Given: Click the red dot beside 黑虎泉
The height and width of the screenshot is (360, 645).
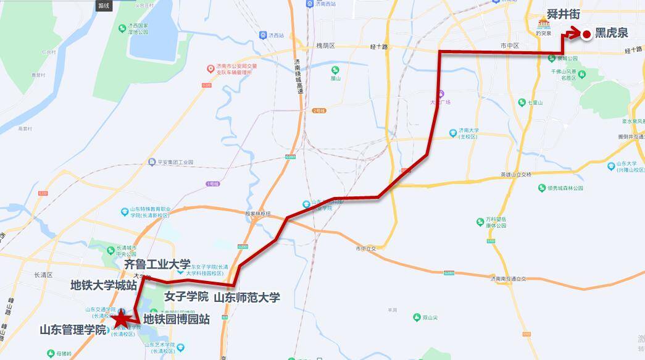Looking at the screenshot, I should click(586, 35).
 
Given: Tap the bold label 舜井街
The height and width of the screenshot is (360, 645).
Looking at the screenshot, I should click(564, 14).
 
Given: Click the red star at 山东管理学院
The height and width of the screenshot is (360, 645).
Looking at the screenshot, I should click(121, 319).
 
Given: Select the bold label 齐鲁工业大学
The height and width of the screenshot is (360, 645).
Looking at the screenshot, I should click(157, 264).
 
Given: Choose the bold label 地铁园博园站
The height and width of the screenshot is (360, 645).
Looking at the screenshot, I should click(177, 319).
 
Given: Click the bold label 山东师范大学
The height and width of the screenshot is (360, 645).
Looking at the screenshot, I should click(247, 298).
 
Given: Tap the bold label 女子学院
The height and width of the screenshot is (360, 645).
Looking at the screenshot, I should click(186, 296).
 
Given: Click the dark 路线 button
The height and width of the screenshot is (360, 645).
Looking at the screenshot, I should click(104, 6).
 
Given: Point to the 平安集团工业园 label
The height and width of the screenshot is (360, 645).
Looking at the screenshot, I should click(172, 162).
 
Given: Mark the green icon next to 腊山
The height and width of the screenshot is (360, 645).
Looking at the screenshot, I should click(335, 70).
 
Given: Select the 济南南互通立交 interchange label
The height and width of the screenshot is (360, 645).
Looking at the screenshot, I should click(501, 278).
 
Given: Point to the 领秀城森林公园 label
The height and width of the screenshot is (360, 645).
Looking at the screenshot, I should click(562, 188).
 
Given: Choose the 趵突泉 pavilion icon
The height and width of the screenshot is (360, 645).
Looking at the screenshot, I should click(543, 24).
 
